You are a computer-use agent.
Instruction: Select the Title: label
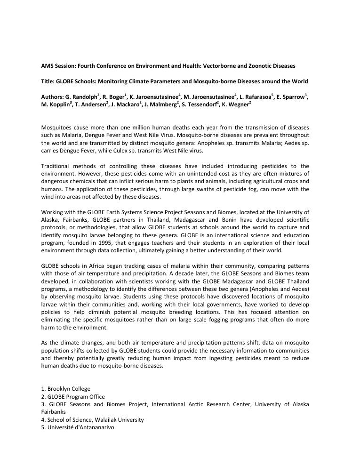click(x=48, y=81)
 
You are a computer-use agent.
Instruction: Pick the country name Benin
click(x=222, y=220)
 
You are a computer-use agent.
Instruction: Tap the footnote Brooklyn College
click(x=69, y=389)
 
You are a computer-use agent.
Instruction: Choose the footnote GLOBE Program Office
click(x=76, y=397)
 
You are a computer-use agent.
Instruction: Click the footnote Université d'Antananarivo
click(x=80, y=427)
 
